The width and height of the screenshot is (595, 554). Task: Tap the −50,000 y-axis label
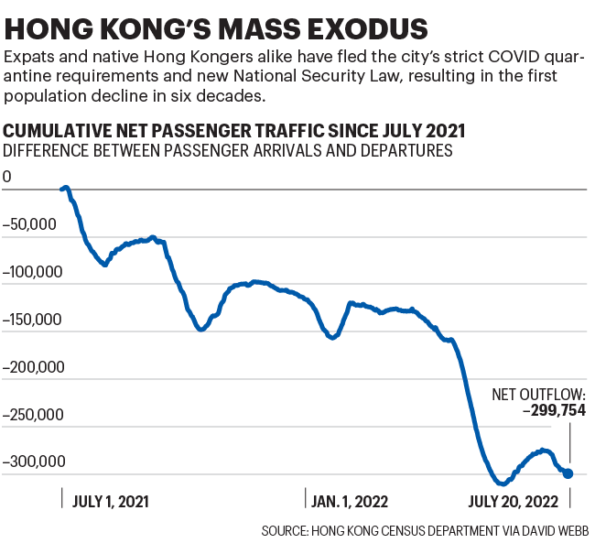tap(31, 224)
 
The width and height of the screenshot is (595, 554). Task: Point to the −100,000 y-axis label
tap(35, 272)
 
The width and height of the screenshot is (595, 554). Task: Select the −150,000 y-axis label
tap(35, 320)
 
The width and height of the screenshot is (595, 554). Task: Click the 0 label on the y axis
tap(7, 177)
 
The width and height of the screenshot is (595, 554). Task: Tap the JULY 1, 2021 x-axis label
tap(110, 502)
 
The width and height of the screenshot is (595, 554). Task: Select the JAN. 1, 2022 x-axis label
tap(351, 502)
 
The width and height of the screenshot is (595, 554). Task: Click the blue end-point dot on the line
tap(568, 473)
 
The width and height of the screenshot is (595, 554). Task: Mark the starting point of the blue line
tap(62, 189)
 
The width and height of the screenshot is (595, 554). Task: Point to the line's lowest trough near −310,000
tap(501, 483)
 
